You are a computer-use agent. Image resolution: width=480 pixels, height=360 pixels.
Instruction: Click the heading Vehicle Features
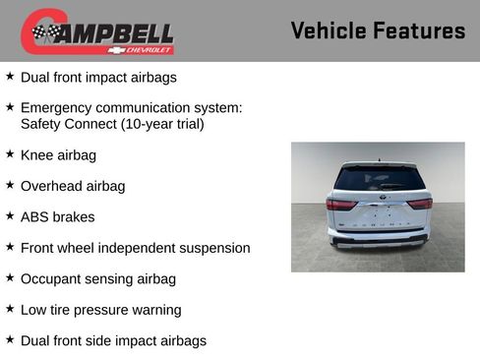point(378,31)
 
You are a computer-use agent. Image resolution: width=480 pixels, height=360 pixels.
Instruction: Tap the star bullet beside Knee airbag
point(10,154)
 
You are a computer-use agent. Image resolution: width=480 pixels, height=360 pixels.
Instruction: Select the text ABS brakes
point(57,216)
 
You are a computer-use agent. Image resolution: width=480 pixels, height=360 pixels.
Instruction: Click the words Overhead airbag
point(73,186)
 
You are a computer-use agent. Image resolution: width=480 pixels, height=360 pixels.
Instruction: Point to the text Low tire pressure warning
point(100,310)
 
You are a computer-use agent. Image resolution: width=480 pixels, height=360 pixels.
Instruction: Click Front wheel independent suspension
point(135,248)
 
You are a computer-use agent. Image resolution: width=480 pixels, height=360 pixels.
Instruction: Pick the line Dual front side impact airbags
point(113,340)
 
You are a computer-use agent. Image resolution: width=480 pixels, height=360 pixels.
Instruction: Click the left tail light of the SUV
point(341,204)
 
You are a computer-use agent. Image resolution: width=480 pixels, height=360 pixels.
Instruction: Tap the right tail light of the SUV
point(420,204)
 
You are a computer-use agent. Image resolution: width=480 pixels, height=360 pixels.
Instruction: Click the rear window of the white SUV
point(378,179)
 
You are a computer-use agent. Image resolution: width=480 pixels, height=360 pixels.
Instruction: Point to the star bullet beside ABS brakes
point(10,216)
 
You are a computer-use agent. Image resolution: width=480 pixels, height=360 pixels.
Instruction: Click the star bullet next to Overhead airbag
point(10,185)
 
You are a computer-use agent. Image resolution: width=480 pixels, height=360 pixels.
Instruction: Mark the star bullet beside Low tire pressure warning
point(10,309)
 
